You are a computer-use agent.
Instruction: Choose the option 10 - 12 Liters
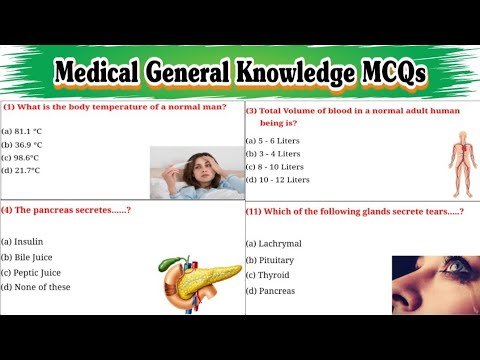point(282,180)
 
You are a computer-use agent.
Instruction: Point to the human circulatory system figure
point(430,162)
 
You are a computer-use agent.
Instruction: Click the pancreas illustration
point(199,278)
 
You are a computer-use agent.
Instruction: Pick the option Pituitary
point(271,260)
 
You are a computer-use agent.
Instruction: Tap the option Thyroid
point(269,275)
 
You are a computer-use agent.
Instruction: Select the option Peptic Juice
point(35,272)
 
